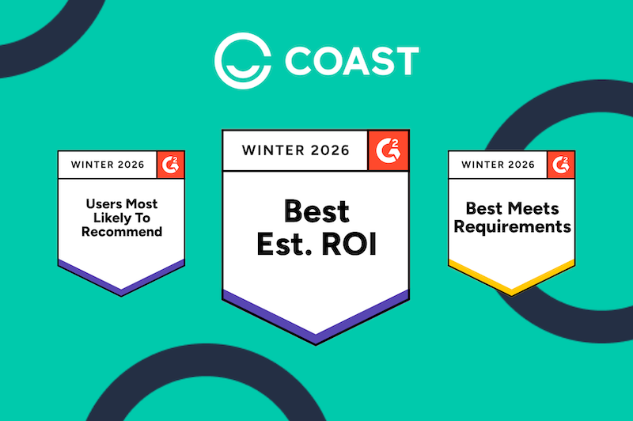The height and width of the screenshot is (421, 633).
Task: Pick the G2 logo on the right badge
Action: pyautogui.click(x=562, y=165)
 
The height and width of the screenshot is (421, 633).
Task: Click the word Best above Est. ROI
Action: pyautogui.click(x=316, y=211)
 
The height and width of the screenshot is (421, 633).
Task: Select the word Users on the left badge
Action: pyautogui.click(x=104, y=203)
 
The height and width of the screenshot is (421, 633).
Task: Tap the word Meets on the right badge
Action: pyautogui.click(x=536, y=209)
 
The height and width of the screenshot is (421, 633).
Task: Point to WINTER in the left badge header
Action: pyautogui.click(x=93, y=165)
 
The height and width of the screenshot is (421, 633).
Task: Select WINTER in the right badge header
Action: pyautogui.click(x=483, y=165)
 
